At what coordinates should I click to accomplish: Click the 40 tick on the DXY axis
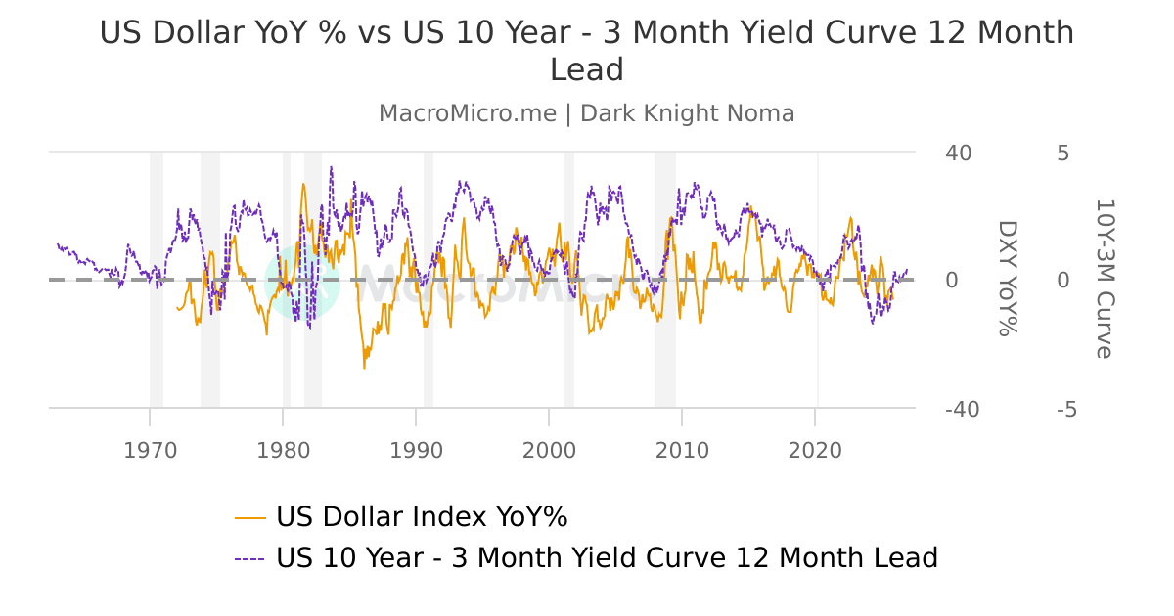(958, 154)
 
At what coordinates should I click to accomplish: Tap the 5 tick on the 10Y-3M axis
(1063, 154)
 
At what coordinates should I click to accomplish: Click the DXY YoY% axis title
(1007, 279)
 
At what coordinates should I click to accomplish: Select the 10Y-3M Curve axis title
(1105, 279)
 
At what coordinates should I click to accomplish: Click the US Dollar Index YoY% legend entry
(422, 516)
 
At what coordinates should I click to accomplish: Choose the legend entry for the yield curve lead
(607, 558)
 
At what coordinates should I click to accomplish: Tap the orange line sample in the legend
(250, 517)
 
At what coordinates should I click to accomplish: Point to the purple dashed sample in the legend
(250, 559)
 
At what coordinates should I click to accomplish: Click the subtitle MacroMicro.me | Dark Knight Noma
(587, 113)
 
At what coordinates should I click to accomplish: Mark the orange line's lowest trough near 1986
(364, 368)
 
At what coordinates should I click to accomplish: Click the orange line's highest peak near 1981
(303, 184)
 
